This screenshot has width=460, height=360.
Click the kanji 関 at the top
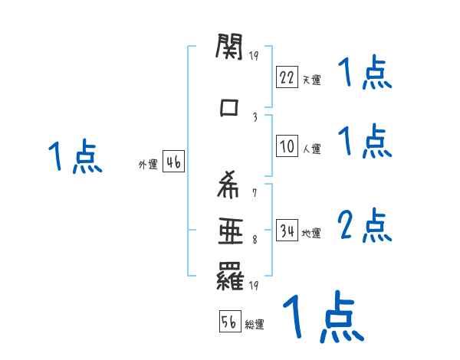pyautogui.click(x=229, y=47)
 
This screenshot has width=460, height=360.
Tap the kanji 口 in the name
pyautogui.click(x=228, y=107)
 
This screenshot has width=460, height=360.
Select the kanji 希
pyautogui.click(x=228, y=185)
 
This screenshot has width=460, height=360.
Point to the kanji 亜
pyautogui.click(x=231, y=231)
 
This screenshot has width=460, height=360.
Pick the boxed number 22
pyautogui.click(x=287, y=77)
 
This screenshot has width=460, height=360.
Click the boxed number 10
pyautogui.click(x=287, y=146)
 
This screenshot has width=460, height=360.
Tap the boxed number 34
pyautogui.click(x=287, y=230)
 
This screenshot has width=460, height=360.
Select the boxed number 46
pyautogui.click(x=173, y=162)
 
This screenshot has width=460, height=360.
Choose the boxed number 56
pyautogui.click(x=230, y=321)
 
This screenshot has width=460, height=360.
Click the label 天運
pyautogui.click(x=311, y=80)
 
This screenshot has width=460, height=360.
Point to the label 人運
pyautogui.click(x=311, y=149)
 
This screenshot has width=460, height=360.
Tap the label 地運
pyautogui.click(x=311, y=233)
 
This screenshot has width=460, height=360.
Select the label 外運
pyautogui.click(x=148, y=164)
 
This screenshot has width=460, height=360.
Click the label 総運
pyautogui.click(x=255, y=324)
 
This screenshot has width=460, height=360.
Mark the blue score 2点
pyautogui.click(x=364, y=225)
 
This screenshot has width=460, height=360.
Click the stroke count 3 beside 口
pyautogui.click(x=255, y=117)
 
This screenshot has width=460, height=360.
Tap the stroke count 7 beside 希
pyautogui.click(x=255, y=193)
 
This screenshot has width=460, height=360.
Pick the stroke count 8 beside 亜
pyautogui.click(x=255, y=240)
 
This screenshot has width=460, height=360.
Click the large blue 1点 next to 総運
pyautogui.click(x=324, y=316)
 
